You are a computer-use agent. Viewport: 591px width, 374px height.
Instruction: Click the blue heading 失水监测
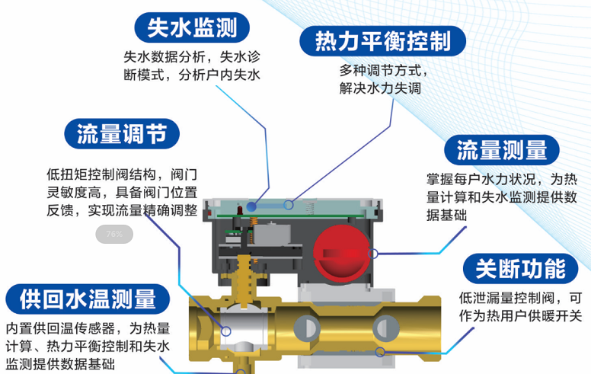click(x=192, y=27)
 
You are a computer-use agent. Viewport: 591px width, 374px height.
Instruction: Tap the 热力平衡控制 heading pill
click(x=382, y=41)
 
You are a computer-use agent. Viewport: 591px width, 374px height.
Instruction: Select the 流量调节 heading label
click(x=122, y=134)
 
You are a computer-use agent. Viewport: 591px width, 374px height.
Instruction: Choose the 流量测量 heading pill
click(x=502, y=150)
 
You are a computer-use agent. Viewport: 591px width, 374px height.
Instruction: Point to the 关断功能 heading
click(x=520, y=269)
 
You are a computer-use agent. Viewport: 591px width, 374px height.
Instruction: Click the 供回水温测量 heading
click(x=88, y=299)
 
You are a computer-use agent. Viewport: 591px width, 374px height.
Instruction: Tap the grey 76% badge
click(x=114, y=234)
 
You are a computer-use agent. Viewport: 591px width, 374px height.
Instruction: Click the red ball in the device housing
click(x=342, y=254)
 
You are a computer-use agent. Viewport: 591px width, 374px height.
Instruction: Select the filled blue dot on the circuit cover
click(x=251, y=206)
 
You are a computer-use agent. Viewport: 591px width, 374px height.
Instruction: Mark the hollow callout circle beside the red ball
click(x=372, y=254)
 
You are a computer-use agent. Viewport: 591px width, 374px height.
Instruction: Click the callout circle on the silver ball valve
click(x=225, y=331)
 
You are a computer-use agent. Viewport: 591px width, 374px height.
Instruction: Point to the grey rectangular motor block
click(x=272, y=235)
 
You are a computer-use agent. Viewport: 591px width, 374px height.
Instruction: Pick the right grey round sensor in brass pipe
click(x=386, y=328)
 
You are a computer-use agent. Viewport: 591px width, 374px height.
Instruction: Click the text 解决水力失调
click(x=380, y=88)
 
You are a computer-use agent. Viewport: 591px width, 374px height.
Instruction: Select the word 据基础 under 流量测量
click(x=446, y=215)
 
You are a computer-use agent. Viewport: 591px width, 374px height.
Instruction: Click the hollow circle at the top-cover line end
click(x=289, y=205)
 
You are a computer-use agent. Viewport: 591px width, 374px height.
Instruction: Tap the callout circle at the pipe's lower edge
click(x=380, y=352)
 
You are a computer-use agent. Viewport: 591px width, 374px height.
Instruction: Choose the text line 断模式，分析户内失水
click(x=192, y=75)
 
